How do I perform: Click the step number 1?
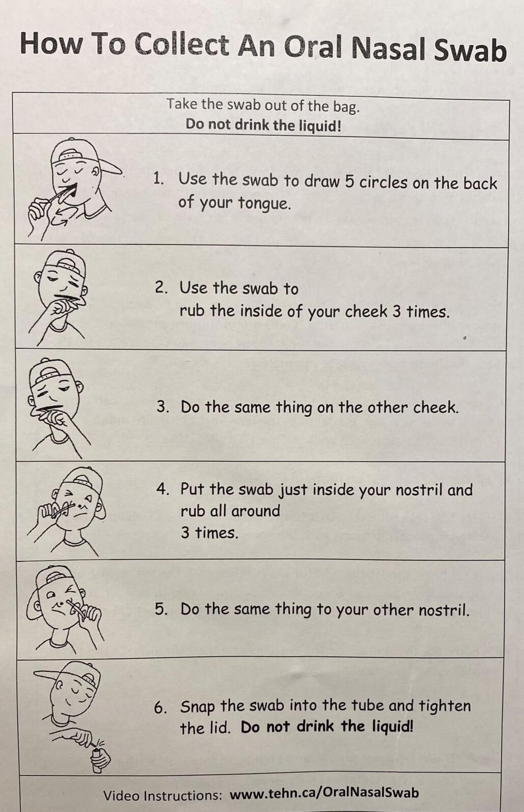[158, 178]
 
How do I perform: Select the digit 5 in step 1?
[349, 182]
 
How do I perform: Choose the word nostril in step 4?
[419, 490]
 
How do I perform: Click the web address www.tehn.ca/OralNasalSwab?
[324, 793]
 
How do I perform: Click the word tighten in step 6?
[445, 706]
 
